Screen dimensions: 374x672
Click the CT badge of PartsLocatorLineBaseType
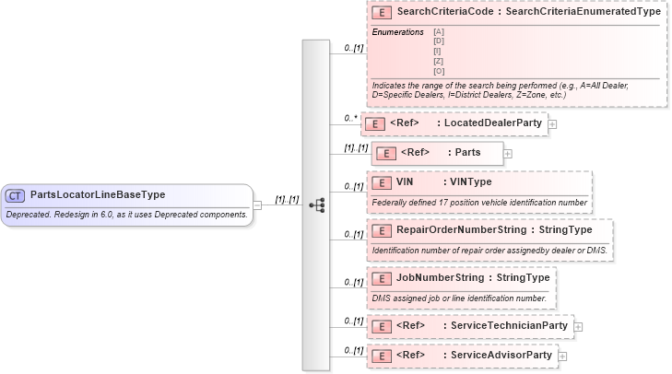tap(16, 195)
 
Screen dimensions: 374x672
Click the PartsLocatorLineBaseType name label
tap(98, 195)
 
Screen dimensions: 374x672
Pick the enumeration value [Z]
tap(438, 61)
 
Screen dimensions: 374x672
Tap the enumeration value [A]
tap(438, 32)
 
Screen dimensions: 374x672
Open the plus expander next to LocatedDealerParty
tap(552, 123)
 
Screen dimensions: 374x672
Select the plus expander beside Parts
tap(508, 153)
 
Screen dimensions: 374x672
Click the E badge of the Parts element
tap(387, 153)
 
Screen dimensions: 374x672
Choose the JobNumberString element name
tap(440, 277)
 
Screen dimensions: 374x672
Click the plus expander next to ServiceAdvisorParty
tap(562, 356)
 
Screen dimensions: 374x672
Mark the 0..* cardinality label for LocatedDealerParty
tap(350, 118)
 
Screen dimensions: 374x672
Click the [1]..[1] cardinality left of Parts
tap(356, 147)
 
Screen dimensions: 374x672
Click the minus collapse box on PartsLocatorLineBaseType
tap(258, 205)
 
